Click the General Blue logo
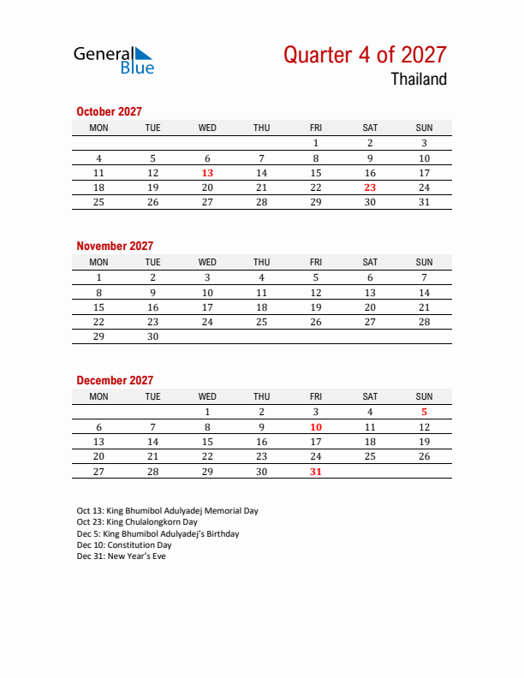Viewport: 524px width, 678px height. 113,59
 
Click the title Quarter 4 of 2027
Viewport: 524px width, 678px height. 365,55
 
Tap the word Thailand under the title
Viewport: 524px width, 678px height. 419,80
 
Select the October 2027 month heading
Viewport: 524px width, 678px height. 109,111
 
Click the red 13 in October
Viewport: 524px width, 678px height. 207,173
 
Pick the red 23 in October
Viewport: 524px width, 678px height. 370,187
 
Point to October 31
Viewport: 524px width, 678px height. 424,202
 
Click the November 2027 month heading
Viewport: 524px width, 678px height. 115,246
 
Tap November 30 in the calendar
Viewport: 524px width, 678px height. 153,336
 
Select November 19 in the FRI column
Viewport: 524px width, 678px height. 316,307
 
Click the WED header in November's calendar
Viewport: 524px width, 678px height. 207,262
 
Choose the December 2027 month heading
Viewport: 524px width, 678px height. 115,380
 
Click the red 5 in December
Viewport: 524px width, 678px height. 424,412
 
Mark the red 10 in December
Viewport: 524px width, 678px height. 316,427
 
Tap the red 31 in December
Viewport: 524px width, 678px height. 316,471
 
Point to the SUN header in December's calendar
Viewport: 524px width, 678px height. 424,396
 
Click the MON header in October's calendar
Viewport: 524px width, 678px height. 99,128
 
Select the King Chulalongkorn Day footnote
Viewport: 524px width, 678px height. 137,522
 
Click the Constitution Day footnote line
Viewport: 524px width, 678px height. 124,545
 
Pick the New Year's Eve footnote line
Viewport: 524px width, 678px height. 121,556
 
